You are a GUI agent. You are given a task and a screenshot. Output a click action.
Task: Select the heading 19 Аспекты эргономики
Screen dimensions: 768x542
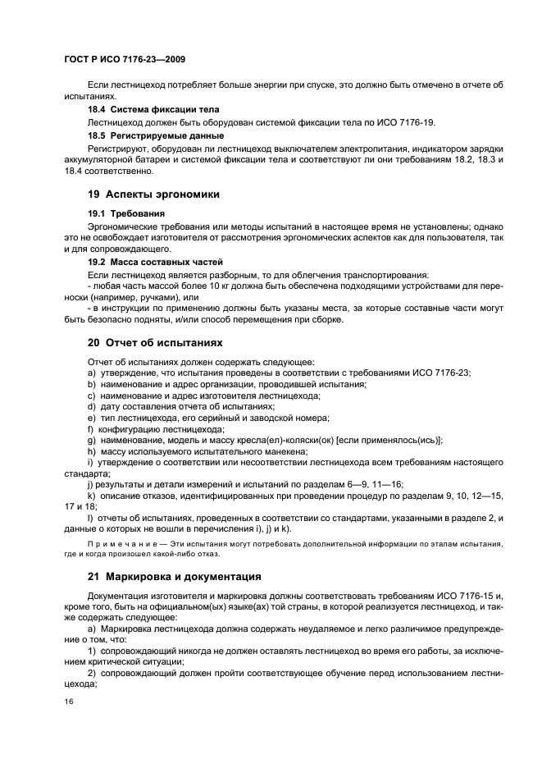148,194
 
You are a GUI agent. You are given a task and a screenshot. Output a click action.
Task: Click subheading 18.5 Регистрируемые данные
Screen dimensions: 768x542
156,135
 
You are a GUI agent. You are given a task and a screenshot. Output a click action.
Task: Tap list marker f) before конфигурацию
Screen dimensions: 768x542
90,428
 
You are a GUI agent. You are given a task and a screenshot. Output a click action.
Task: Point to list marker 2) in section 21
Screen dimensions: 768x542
93,670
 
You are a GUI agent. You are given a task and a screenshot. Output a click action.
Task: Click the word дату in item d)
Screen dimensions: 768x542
110,406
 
